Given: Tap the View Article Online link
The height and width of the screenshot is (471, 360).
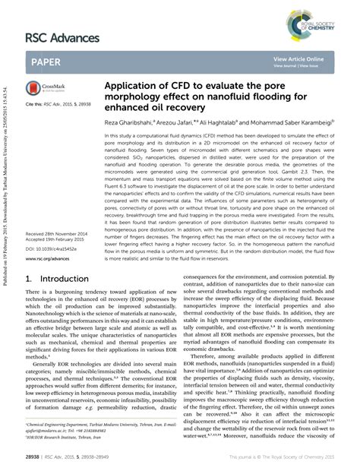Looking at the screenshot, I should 299,58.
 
